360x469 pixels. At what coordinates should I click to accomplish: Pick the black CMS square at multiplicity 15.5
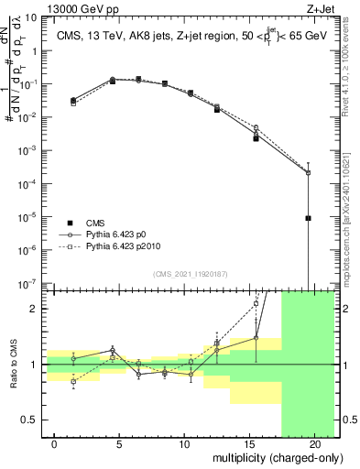pyautogui.click(x=256, y=138)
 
